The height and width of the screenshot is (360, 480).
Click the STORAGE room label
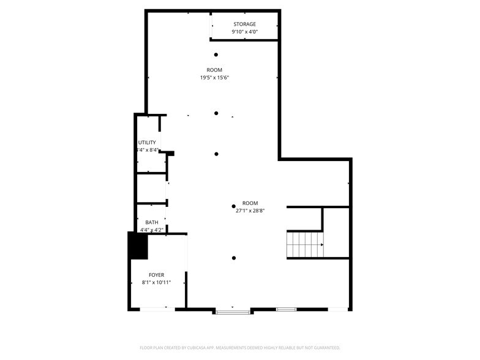pyautogui.click(x=243, y=24)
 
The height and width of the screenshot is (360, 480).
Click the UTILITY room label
pyautogui.click(x=147, y=143)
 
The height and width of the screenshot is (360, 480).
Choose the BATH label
pyautogui.click(x=151, y=223)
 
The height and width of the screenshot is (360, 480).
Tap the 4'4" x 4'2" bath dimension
pyautogui.click(x=151, y=230)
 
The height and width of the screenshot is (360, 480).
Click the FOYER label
pyautogui.click(x=157, y=275)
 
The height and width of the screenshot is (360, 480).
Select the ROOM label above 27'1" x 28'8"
pyautogui.click(x=250, y=203)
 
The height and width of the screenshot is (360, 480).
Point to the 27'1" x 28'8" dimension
pyautogui.click(x=250, y=211)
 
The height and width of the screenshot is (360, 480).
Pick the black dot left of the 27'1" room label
pyautogui.click(x=233, y=206)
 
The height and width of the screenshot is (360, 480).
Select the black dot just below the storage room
pyautogui.click(x=216, y=54)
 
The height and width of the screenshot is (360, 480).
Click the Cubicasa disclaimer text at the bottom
pyautogui.click(x=240, y=347)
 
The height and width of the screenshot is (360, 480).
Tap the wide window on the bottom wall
pyautogui.click(x=233, y=312)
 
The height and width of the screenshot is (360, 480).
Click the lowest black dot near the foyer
pyautogui.click(x=233, y=258)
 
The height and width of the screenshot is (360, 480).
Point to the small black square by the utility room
pyautogui.click(x=171, y=153)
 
